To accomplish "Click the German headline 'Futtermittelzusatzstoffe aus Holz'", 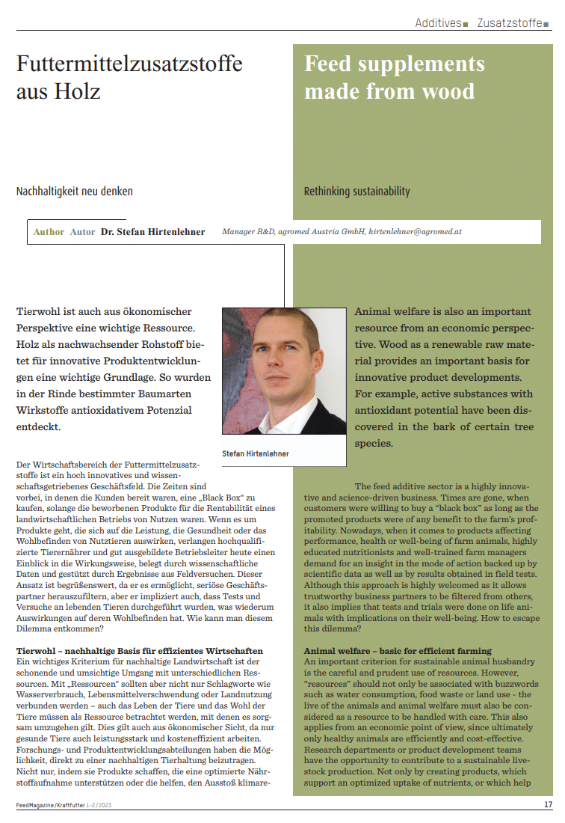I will pos(129,78).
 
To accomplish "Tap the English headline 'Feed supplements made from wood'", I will pos(394,78).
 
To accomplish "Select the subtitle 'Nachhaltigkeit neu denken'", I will pos(75,192).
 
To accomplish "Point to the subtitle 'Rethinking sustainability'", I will pos(357,192).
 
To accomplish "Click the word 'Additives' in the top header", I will pos(439,23).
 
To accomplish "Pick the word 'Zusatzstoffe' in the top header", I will pos(510,23).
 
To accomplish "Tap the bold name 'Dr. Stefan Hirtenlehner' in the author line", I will pos(152,232).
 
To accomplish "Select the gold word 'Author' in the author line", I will pos(49,232).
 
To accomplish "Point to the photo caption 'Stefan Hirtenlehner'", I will pos(256,454).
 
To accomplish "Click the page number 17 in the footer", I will pos(548,805).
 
